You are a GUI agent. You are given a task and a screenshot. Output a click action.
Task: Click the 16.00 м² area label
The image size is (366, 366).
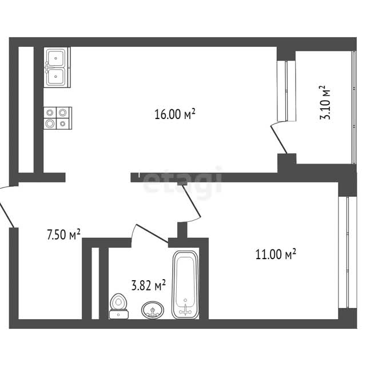(175, 114)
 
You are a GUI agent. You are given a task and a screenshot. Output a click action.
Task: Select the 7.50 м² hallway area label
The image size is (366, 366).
(63, 234)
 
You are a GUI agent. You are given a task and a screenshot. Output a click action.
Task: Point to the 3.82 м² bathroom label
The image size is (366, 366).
(149, 284)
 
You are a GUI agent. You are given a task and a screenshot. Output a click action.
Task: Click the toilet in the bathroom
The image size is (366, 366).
(120, 305)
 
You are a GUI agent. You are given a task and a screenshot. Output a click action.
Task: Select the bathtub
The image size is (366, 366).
(185, 284)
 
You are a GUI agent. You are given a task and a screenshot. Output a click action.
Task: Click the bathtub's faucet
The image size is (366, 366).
(185, 311)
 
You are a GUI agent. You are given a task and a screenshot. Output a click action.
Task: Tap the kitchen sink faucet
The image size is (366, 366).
(47, 67)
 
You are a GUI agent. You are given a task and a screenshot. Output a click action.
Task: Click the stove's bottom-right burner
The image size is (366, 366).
(62, 122)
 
